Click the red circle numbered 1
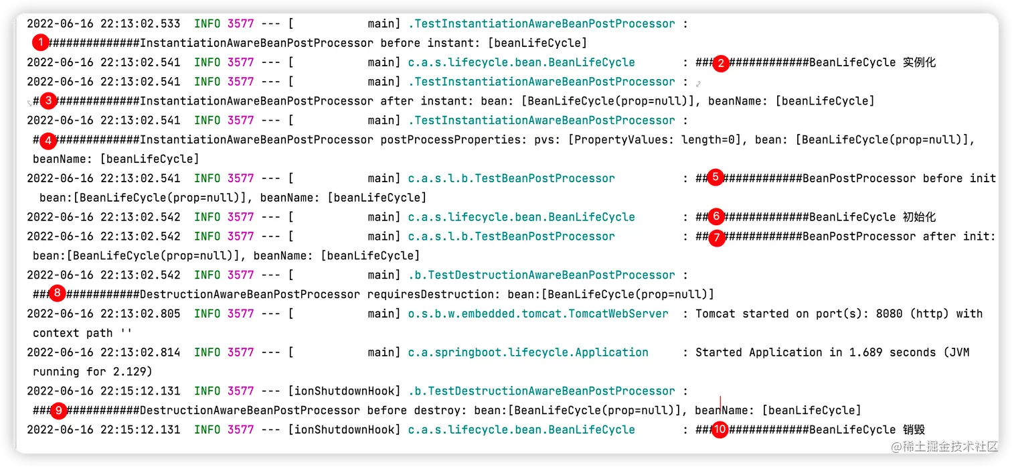[41, 44]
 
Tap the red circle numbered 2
[720, 64]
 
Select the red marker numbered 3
[48, 102]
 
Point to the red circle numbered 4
[48, 141]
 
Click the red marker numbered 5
[715, 178]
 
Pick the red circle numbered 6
[716, 216]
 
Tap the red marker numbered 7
[716, 237]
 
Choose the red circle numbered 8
[59, 293]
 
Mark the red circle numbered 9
[59, 410]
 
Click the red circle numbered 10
[720, 430]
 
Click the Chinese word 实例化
[919, 63]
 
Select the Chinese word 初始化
[919, 217]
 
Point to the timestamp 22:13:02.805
[140, 314]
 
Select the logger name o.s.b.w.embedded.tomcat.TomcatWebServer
[537, 314]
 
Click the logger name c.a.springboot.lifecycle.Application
[527, 352]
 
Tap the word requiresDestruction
[430, 294]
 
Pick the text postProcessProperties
[450, 140]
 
